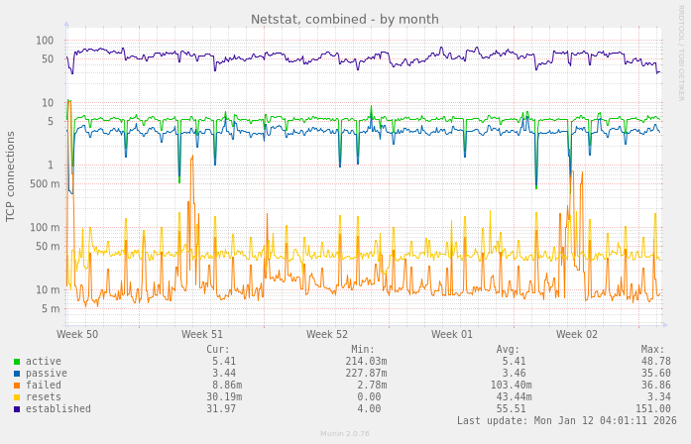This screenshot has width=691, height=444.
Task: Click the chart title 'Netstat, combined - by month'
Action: [x=344, y=19]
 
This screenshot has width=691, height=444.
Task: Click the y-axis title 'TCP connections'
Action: [x=11, y=176]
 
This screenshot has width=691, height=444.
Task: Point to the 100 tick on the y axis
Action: [x=45, y=41]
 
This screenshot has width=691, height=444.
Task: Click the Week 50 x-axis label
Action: [x=77, y=335]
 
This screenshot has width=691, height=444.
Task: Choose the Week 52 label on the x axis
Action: [x=327, y=335]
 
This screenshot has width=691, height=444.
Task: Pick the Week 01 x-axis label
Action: [x=452, y=335]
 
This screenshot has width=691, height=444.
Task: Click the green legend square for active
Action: [x=17, y=362]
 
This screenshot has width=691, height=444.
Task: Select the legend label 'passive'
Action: [x=46, y=374]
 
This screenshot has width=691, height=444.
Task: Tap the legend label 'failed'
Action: [x=43, y=386]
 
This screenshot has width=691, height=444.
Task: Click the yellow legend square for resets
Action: [x=17, y=397]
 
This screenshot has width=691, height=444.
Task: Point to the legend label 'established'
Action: [x=58, y=409]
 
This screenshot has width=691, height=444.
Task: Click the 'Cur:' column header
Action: [x=218, y=350]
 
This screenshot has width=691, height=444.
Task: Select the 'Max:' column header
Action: [x=652, y=350]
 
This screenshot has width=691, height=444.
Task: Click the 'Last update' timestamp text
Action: [x=562, y=421]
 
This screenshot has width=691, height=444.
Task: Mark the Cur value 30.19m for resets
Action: [x=221, y=397]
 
